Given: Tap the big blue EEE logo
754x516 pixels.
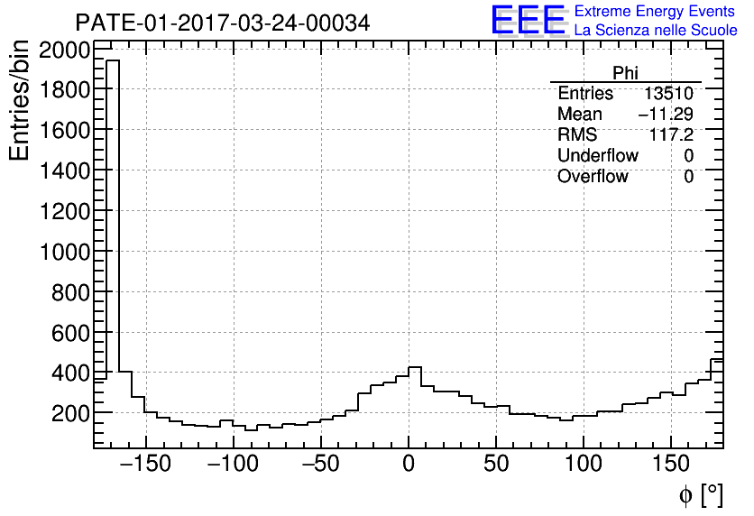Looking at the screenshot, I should [x=528, y=21].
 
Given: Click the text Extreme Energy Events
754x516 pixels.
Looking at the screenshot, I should [x=656, y=12].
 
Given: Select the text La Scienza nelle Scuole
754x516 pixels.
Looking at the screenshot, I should [x=656, y=31].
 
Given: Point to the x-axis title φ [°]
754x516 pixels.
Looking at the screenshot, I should [x=701, y=495].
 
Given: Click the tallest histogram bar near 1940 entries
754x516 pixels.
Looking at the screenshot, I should [x=113, y=217].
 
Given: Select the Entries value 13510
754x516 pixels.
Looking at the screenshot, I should [x=668, y=94].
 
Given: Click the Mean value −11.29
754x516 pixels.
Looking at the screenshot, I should [x=666, y=115].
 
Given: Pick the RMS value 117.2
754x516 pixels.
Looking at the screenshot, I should [x=671, y=135].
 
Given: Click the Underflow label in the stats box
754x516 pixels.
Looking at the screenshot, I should [x=598, y=156].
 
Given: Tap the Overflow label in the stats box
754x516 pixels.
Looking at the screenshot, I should [x=593, y=177].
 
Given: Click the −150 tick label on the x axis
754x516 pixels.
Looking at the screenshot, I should [x=145, y=464].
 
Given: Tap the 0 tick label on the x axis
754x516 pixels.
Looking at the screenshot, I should [x=409, y=464].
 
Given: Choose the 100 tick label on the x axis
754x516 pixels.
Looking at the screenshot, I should [x=584, y=464].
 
